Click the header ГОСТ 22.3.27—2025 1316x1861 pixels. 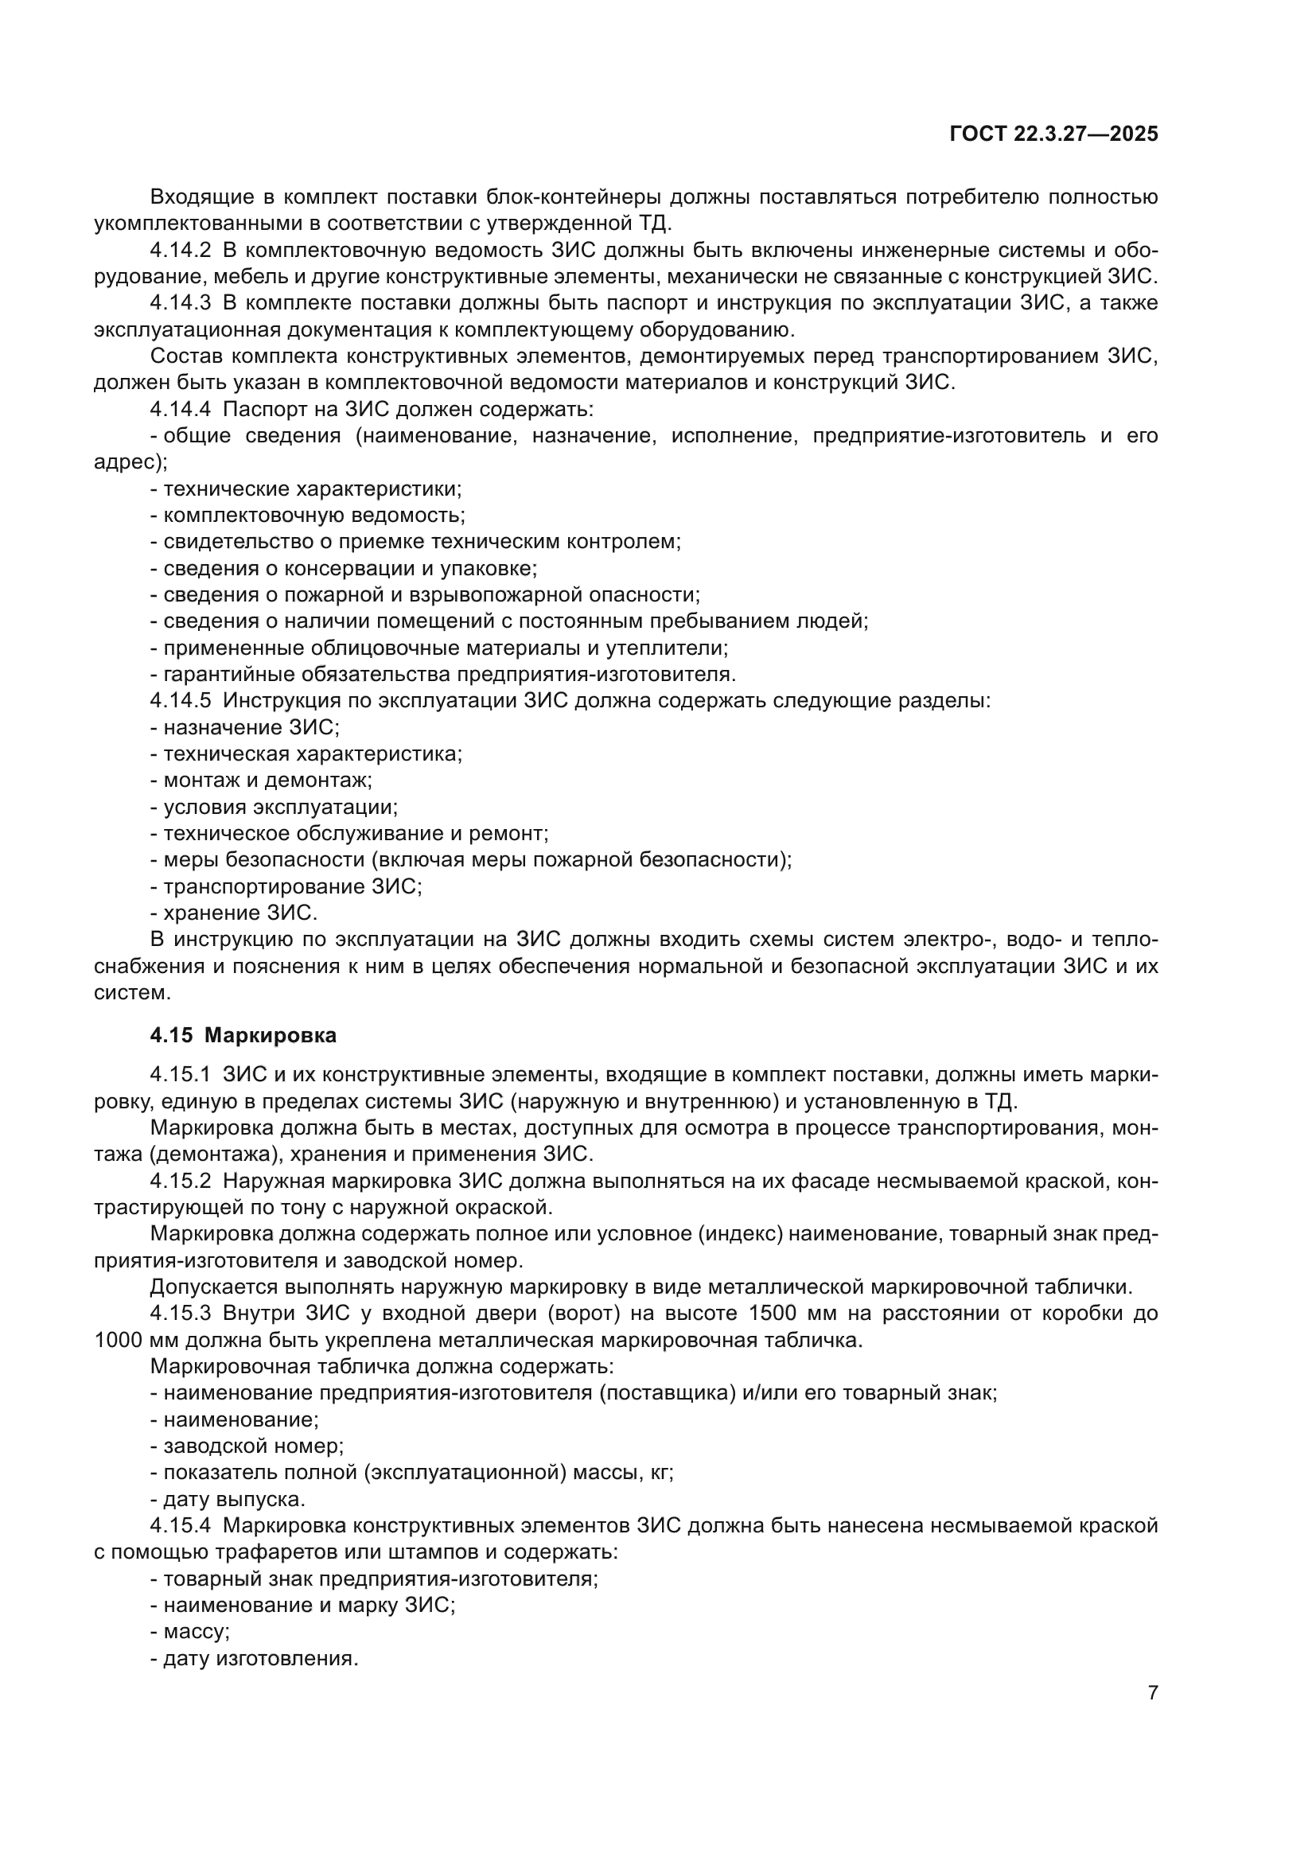coord(1053,134)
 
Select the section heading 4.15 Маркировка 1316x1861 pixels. coord(243,1035)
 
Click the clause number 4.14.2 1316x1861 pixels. coord(180,251)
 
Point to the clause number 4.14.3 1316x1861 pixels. coord(180,303)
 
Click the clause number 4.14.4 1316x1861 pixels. coord(180,409)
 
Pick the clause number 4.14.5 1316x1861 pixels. coord(180,700)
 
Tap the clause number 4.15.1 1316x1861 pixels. coord(180,1075)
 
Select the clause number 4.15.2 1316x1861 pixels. coord(180,1181)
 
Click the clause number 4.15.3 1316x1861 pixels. coord(180,1313)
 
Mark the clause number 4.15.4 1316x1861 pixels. coord(180,1525)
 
